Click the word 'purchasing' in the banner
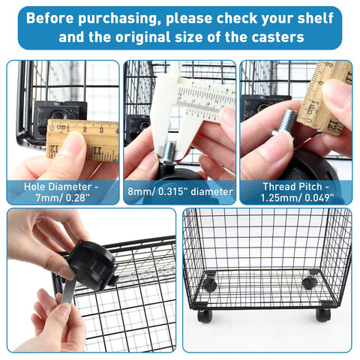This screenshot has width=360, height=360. pos(118,19)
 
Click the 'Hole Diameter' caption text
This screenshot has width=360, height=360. pos(61,187)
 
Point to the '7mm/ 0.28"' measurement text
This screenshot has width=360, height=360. pos(62,198)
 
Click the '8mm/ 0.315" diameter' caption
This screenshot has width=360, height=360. pos(180,192)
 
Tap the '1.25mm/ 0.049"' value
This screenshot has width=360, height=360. pos(297,198)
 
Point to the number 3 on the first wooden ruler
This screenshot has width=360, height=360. pos(101,130)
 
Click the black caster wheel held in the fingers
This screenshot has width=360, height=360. pos(91,265)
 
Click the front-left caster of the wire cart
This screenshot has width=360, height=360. pos(205,316)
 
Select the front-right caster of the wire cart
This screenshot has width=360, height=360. pos(323,314)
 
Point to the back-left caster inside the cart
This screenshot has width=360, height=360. pos(209,284)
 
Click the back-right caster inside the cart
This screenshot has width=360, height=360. pos(310,283)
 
